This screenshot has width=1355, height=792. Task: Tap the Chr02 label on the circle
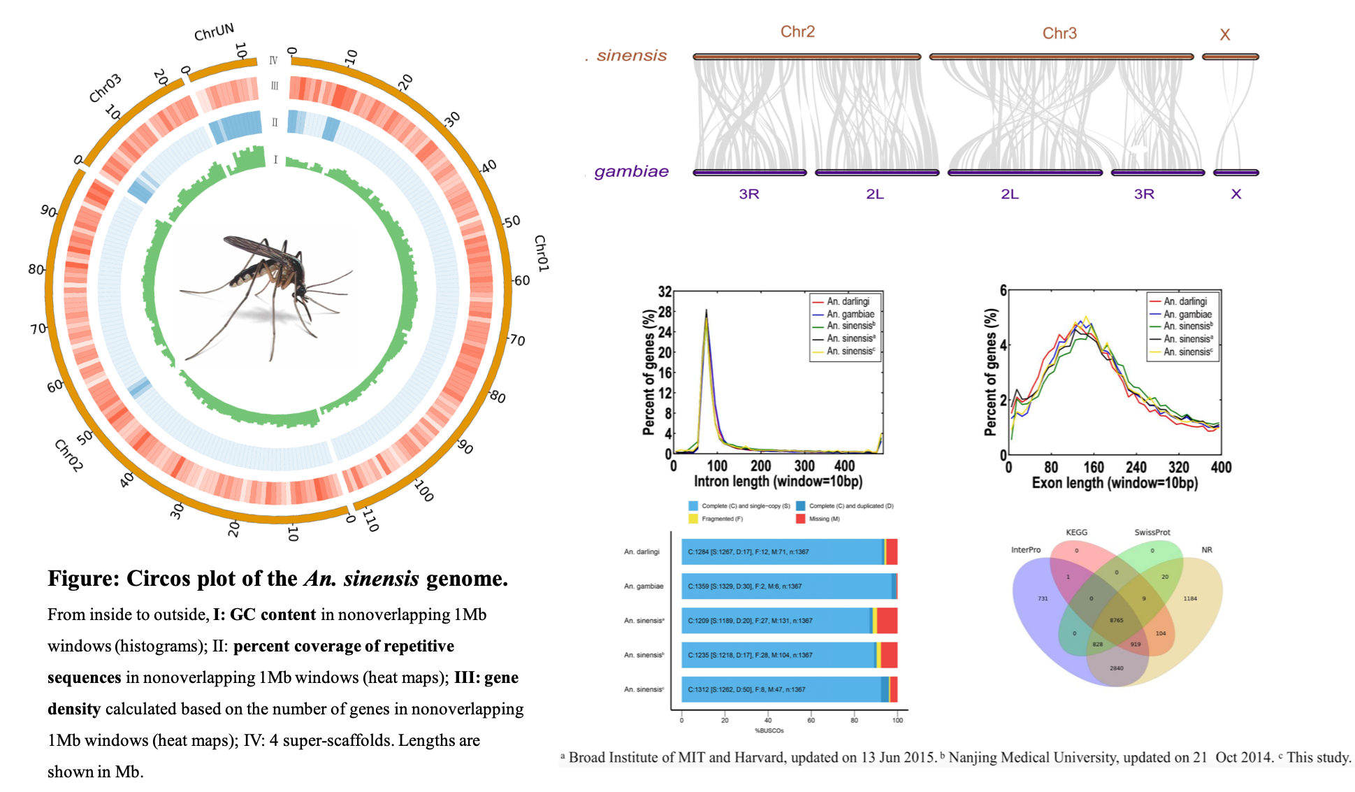(x=68, y=456)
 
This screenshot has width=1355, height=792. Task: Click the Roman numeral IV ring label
(x=273, y=61)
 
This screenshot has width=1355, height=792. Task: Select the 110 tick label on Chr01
(x=370, y=521)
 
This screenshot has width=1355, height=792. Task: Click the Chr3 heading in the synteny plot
(x=1059, y=33)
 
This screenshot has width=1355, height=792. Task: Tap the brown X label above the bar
(x=1224, y=35)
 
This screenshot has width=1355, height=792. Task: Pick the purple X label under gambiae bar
(x=1236, y=194)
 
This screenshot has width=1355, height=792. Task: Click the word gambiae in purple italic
(x=631, y=172)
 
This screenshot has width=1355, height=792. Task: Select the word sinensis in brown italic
(x=631, y=56)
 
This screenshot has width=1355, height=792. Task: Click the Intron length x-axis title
(x=777, y=482)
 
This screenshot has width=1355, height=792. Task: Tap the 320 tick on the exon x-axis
(x=1178, y=468)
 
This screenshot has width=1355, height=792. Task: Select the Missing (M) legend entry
(x=825, y=519)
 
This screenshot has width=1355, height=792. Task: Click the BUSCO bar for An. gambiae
(x=788, y=586)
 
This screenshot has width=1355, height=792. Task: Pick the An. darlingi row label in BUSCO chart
(x=642, y=552)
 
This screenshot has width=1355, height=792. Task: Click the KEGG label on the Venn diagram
(x=1076, y=533)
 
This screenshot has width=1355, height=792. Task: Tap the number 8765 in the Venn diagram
(x=1116, y=621)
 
